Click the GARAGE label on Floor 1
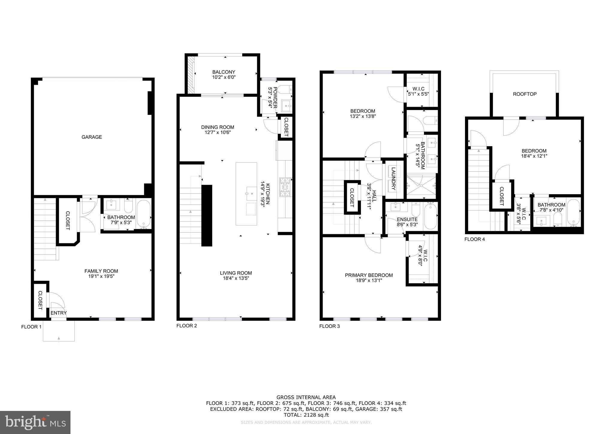coord(92,137)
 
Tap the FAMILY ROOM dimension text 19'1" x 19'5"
coord(101,276)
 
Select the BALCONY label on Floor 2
coord(224,72)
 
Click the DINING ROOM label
coord(217,127)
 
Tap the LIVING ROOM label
coord(236,273)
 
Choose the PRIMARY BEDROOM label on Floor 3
coord(368,275)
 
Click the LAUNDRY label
coord(394,181)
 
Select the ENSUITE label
coord(407,219)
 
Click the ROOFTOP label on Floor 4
coord(524,94)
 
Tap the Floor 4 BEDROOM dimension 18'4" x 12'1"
coord(534,156)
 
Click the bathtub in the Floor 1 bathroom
coord(144,214)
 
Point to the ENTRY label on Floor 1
coord(58,313)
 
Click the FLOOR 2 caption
coord(186,326)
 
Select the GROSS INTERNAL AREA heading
coord(306,397)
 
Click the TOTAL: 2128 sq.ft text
coord(306,415)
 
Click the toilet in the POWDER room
coord(284,89)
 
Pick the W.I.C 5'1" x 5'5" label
coord(418,91)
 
